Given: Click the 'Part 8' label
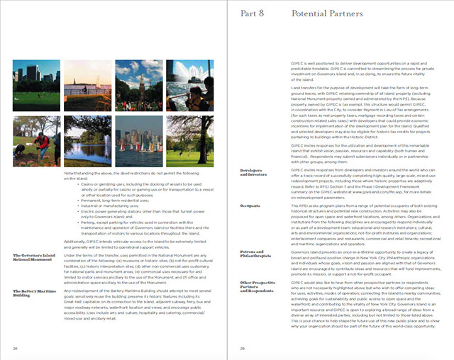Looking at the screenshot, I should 253,13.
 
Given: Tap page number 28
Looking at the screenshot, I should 14,349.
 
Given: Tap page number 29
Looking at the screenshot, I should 243,349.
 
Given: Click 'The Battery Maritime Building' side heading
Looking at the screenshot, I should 34,293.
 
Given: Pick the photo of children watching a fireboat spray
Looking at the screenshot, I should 189,84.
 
